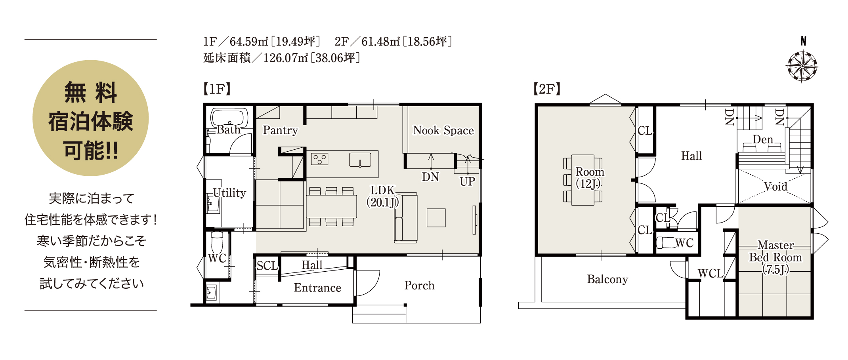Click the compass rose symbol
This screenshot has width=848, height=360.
tap(802, 66)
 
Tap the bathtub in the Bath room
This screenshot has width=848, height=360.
tap(229, 118)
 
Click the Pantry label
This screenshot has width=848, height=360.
tap(280, 130)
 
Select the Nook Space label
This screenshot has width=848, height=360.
tap(443, 130)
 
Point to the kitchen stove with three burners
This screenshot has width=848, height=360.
tap(319, 159)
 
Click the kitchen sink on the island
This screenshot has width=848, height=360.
tap(360, 160)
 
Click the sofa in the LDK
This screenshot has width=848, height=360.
tap(406, 217)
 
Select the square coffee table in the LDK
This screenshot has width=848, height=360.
tap(436, 217)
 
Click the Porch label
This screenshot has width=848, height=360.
tap(419, 285)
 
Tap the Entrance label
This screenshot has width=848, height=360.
tap(317, 288)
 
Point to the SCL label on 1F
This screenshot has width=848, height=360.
tap(267, 265)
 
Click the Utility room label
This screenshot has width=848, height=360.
tap(229, 193)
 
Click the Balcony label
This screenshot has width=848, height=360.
tap(607, 280)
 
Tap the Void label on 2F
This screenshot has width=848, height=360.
tap(775, 186)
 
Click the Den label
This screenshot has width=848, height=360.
tap(763, 139)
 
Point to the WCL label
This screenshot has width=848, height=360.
tap(710, 273)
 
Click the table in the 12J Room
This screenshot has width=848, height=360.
tap(583, 180)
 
